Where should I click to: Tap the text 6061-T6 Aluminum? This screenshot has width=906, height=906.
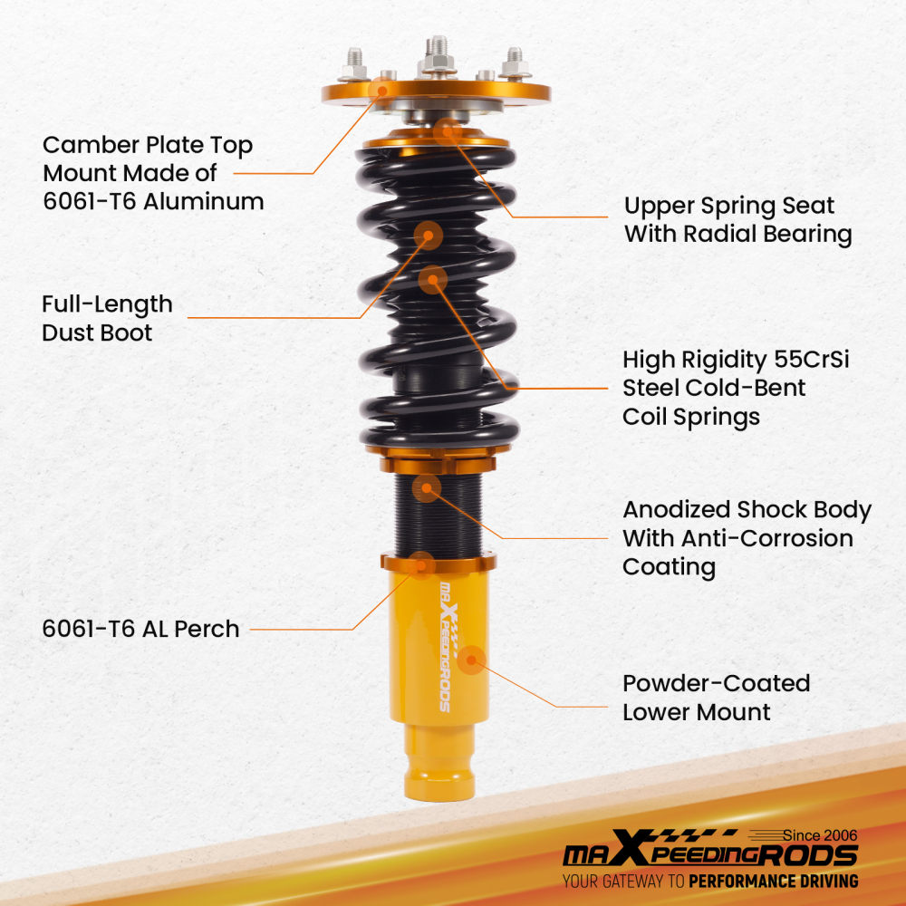[153, 201]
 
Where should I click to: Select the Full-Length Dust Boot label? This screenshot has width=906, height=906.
[107, 318]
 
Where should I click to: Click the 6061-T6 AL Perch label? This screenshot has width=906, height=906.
[140, 629]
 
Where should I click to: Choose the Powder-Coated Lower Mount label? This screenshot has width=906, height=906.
[716, 697]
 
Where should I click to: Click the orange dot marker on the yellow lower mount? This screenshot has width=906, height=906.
[471, 660]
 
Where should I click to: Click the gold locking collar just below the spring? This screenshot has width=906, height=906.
[439, 464]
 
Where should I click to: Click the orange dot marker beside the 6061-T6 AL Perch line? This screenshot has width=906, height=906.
[421, 564]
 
